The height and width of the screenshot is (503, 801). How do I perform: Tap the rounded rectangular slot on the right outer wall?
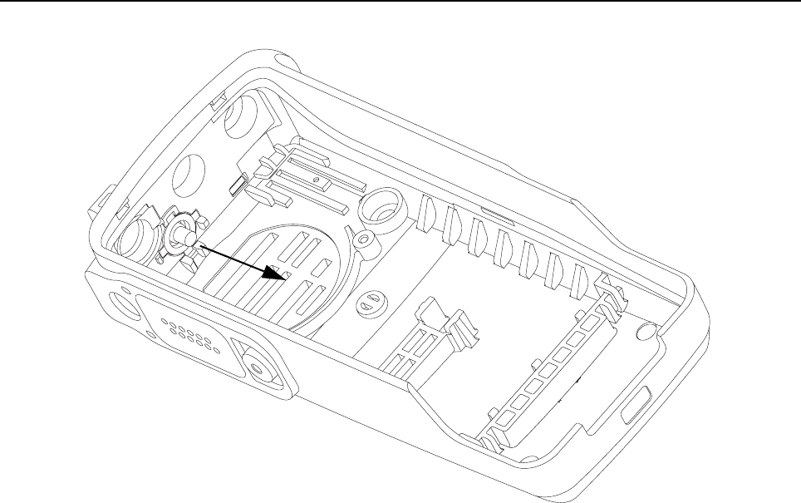coord(639,407)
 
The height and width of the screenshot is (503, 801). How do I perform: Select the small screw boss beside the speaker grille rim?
coord(362,239)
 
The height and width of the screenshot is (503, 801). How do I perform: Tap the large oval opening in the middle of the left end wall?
coord(192,174)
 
